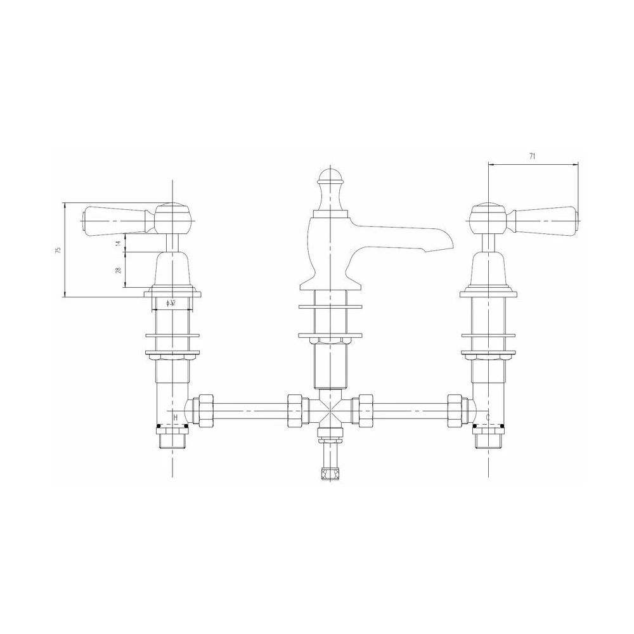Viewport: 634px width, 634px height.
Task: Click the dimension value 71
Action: [x=533, y=156]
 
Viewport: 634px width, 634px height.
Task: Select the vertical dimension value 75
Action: [x=58, y=250]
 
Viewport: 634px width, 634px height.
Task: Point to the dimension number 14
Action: [x=118, y=243]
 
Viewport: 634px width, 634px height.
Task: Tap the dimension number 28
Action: [x=118, y=271]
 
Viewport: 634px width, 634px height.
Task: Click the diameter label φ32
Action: [x=171, y=304]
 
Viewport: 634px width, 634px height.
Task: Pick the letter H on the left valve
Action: [x=176, y=417]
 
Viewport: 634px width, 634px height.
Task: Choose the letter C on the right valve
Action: [x=488, y=417]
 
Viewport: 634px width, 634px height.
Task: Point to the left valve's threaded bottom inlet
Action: [x=172, y=437]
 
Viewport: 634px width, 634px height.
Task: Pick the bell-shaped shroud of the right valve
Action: [x=488, y=269]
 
